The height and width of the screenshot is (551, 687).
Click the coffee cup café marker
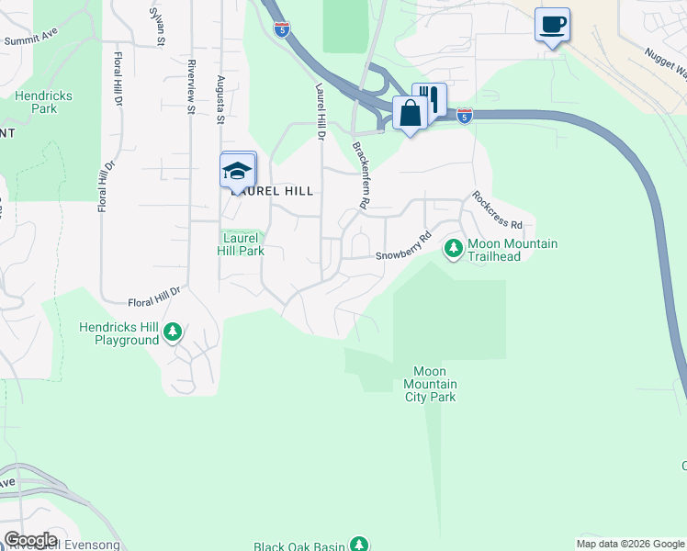[x=552, y=25]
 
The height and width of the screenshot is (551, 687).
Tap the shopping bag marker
[x=410, y=114]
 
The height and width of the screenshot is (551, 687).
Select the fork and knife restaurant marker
[x=429, y=99]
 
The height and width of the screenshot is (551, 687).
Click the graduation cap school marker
[x=238, y=170]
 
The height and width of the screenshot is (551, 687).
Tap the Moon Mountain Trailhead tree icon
[x=453, y=248]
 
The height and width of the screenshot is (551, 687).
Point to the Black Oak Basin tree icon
[x=360, y=545]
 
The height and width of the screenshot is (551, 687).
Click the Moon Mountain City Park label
[x=431, y=384]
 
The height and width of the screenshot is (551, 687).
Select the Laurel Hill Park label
[x=242, y=244]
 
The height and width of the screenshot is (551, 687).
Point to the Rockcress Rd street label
[x=497, y=210]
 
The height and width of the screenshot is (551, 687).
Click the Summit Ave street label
[x=30, y=40]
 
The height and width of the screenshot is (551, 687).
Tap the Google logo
[x=30, y=540]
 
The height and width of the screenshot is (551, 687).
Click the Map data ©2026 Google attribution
[x=629, y=544]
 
